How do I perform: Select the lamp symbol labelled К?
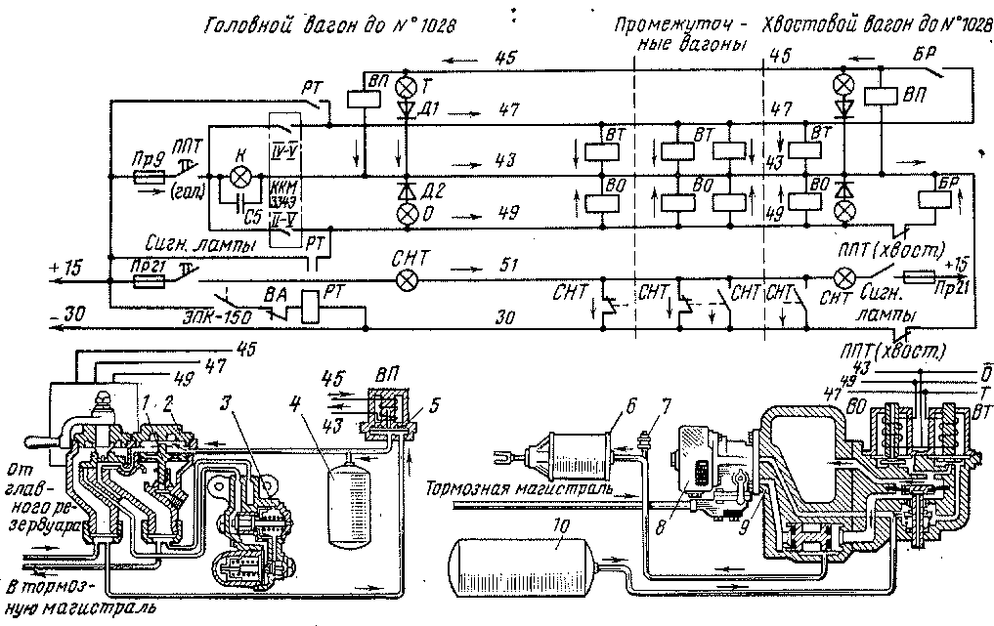(240, 177)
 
